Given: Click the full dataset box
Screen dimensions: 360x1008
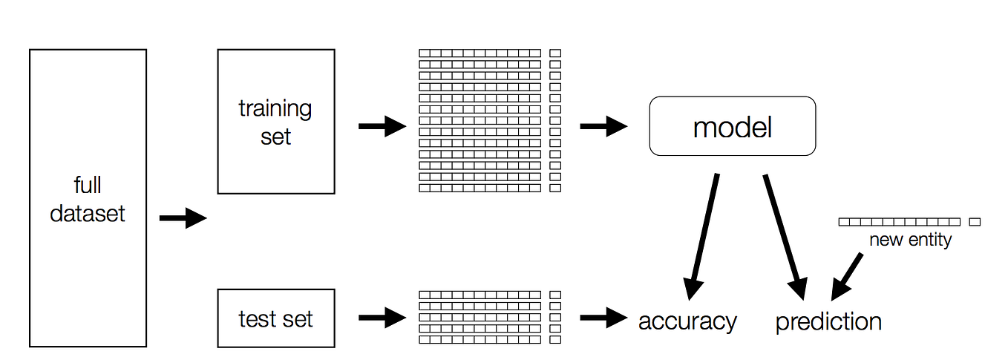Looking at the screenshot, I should [x=88, y=197].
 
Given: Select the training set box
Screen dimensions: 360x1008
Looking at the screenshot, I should [x=275, y=122].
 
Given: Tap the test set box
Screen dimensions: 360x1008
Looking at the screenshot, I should [x=275, y=319].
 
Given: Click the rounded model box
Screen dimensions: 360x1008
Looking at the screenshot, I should [x=732, y=126].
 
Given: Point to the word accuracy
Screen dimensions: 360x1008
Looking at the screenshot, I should [x=687, y=321].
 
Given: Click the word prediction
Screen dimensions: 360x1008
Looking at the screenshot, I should [x=828, y=321].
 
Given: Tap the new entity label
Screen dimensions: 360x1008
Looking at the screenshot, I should [x=910, y=240].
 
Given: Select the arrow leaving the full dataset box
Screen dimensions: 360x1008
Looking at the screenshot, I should [x=183, y=218].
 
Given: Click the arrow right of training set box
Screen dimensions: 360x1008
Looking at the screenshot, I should [x=382, y=126].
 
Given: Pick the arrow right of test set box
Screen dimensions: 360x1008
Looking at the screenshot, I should [x=382, y=318].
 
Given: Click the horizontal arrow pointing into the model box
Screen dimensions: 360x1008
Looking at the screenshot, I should [x=603, y=126].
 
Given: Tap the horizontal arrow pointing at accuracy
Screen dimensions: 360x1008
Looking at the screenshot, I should [x=603, y=318].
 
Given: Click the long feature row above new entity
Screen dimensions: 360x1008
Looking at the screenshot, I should [x=899, y=222].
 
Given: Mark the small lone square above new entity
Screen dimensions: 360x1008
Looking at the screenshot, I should [x=975, y=222].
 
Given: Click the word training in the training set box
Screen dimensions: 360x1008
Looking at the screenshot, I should [x=275, y=108].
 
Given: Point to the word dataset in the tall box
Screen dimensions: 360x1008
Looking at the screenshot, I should [x=88, y=214].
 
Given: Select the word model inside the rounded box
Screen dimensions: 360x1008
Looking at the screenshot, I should [x=732, y=128].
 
